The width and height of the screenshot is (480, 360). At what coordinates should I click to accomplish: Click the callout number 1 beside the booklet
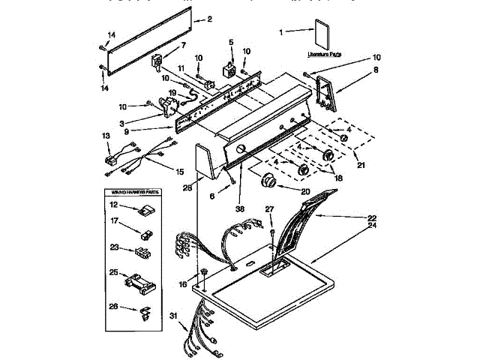[x=281, y=32]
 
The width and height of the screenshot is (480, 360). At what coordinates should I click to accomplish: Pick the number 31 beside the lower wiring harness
[x=175, y=317]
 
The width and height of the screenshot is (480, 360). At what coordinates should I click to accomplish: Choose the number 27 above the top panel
[x=270, y=208]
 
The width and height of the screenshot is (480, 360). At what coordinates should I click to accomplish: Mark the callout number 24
[x=370, y=226]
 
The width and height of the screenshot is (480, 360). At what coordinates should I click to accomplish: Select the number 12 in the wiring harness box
[x=115, y=205]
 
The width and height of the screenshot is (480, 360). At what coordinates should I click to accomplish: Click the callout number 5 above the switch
[x=231, y=42]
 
